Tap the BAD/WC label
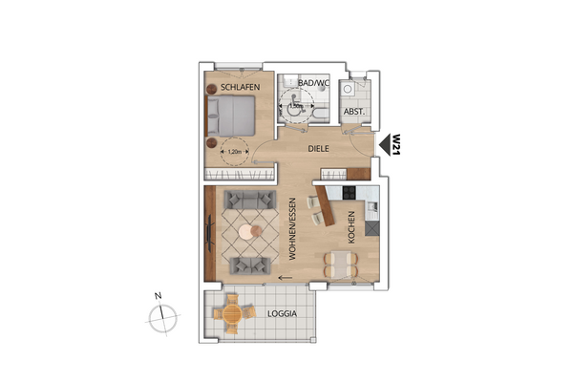(x=313, y=83)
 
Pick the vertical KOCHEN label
(x=351, y=228)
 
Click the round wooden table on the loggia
(x=231, y=313)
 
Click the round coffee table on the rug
(x=249, y=230)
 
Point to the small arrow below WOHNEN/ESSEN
(x=283, y=279)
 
